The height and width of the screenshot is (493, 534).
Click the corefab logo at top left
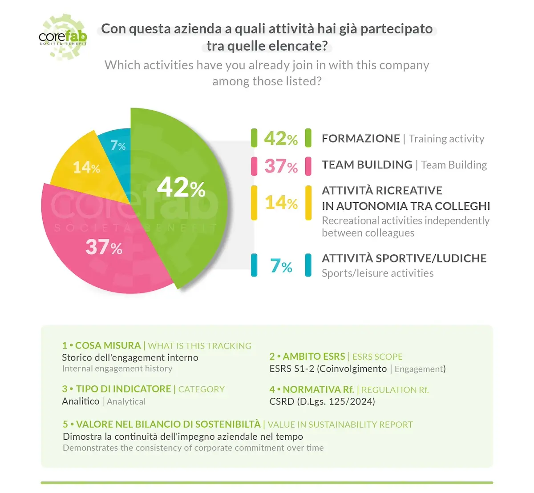pos(63,36)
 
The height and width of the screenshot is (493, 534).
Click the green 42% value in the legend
pos(281,138)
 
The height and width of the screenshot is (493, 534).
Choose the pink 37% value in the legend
pos(281,166)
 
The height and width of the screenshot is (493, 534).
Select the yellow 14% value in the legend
pos(281,203)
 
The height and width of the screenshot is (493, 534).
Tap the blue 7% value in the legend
pos(281,266)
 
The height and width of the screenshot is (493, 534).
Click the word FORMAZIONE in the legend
pos(360,139)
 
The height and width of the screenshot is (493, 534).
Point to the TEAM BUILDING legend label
pos(367,165)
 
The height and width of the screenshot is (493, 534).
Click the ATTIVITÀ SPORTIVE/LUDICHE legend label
pos(404,258)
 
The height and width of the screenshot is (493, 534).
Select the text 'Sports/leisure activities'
pos(377,273)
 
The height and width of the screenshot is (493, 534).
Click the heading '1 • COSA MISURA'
pos(101,345)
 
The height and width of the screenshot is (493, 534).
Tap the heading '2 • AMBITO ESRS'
pos(307,357)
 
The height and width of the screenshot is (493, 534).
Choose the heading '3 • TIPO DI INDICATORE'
pos(117,389)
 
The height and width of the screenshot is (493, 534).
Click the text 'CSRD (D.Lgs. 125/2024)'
pos(322,401)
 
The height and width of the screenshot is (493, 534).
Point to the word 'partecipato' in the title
pos(396,29)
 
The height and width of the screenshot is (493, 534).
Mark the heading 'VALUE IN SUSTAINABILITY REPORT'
pos(340,425)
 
